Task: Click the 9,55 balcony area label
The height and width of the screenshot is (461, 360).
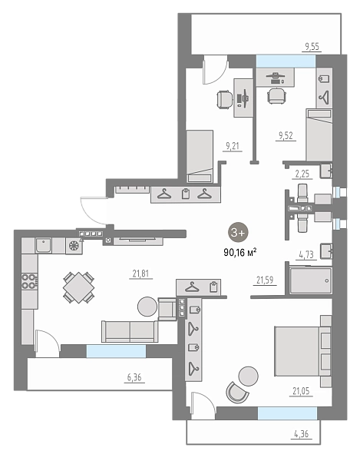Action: pyautogui.click(x=312, y=46)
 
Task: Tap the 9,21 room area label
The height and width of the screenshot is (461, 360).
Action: pyautogui.click(x=233, y=146)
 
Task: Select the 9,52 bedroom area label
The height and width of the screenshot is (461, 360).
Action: pyautogui.click(x=286, y=135)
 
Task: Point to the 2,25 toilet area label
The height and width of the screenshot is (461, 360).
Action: pyautogui.click(x=302, y=174)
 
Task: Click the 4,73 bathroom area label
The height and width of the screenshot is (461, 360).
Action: pyautogui.click(x=306, y=254)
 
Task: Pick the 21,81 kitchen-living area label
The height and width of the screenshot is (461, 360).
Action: pyautogui.click(x=140, y=274)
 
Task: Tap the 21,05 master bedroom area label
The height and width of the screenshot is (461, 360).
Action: pyautogui.click(x=301, y=391)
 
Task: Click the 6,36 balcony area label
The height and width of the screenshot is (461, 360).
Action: pyautogui.click(x=134, y=377)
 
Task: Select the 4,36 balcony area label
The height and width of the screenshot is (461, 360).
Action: pyautogui.click(x=301, y=433)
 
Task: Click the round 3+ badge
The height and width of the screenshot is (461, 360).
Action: pyautogui.click(x=238, y=233)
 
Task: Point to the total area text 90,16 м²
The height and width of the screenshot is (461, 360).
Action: pyautogui.click(x=240, y=252)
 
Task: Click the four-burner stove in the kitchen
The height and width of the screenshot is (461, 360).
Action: pyautogui.click(x=29, y=281)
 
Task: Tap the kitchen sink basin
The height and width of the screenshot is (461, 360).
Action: pyautogui.click(x=44, y=245)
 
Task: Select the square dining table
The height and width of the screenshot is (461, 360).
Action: pyautogui.click(x=79, y=287)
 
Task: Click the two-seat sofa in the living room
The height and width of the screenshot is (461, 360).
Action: pyautogui.click(x=130, y=331)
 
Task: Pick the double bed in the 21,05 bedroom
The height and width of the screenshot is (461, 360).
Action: pyautogui.click(x=302, y=351)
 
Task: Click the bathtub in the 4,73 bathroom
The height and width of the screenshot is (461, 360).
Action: pyautogui.click(x=311, y=280)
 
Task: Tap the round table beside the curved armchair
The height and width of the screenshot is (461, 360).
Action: pyautogui.click(x=249, y=376)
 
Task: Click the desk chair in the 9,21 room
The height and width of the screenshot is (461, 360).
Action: pyautogui.click(x=224, y=100)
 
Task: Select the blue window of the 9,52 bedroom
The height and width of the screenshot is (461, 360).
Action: pyautogui.click(x=286, y=61)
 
